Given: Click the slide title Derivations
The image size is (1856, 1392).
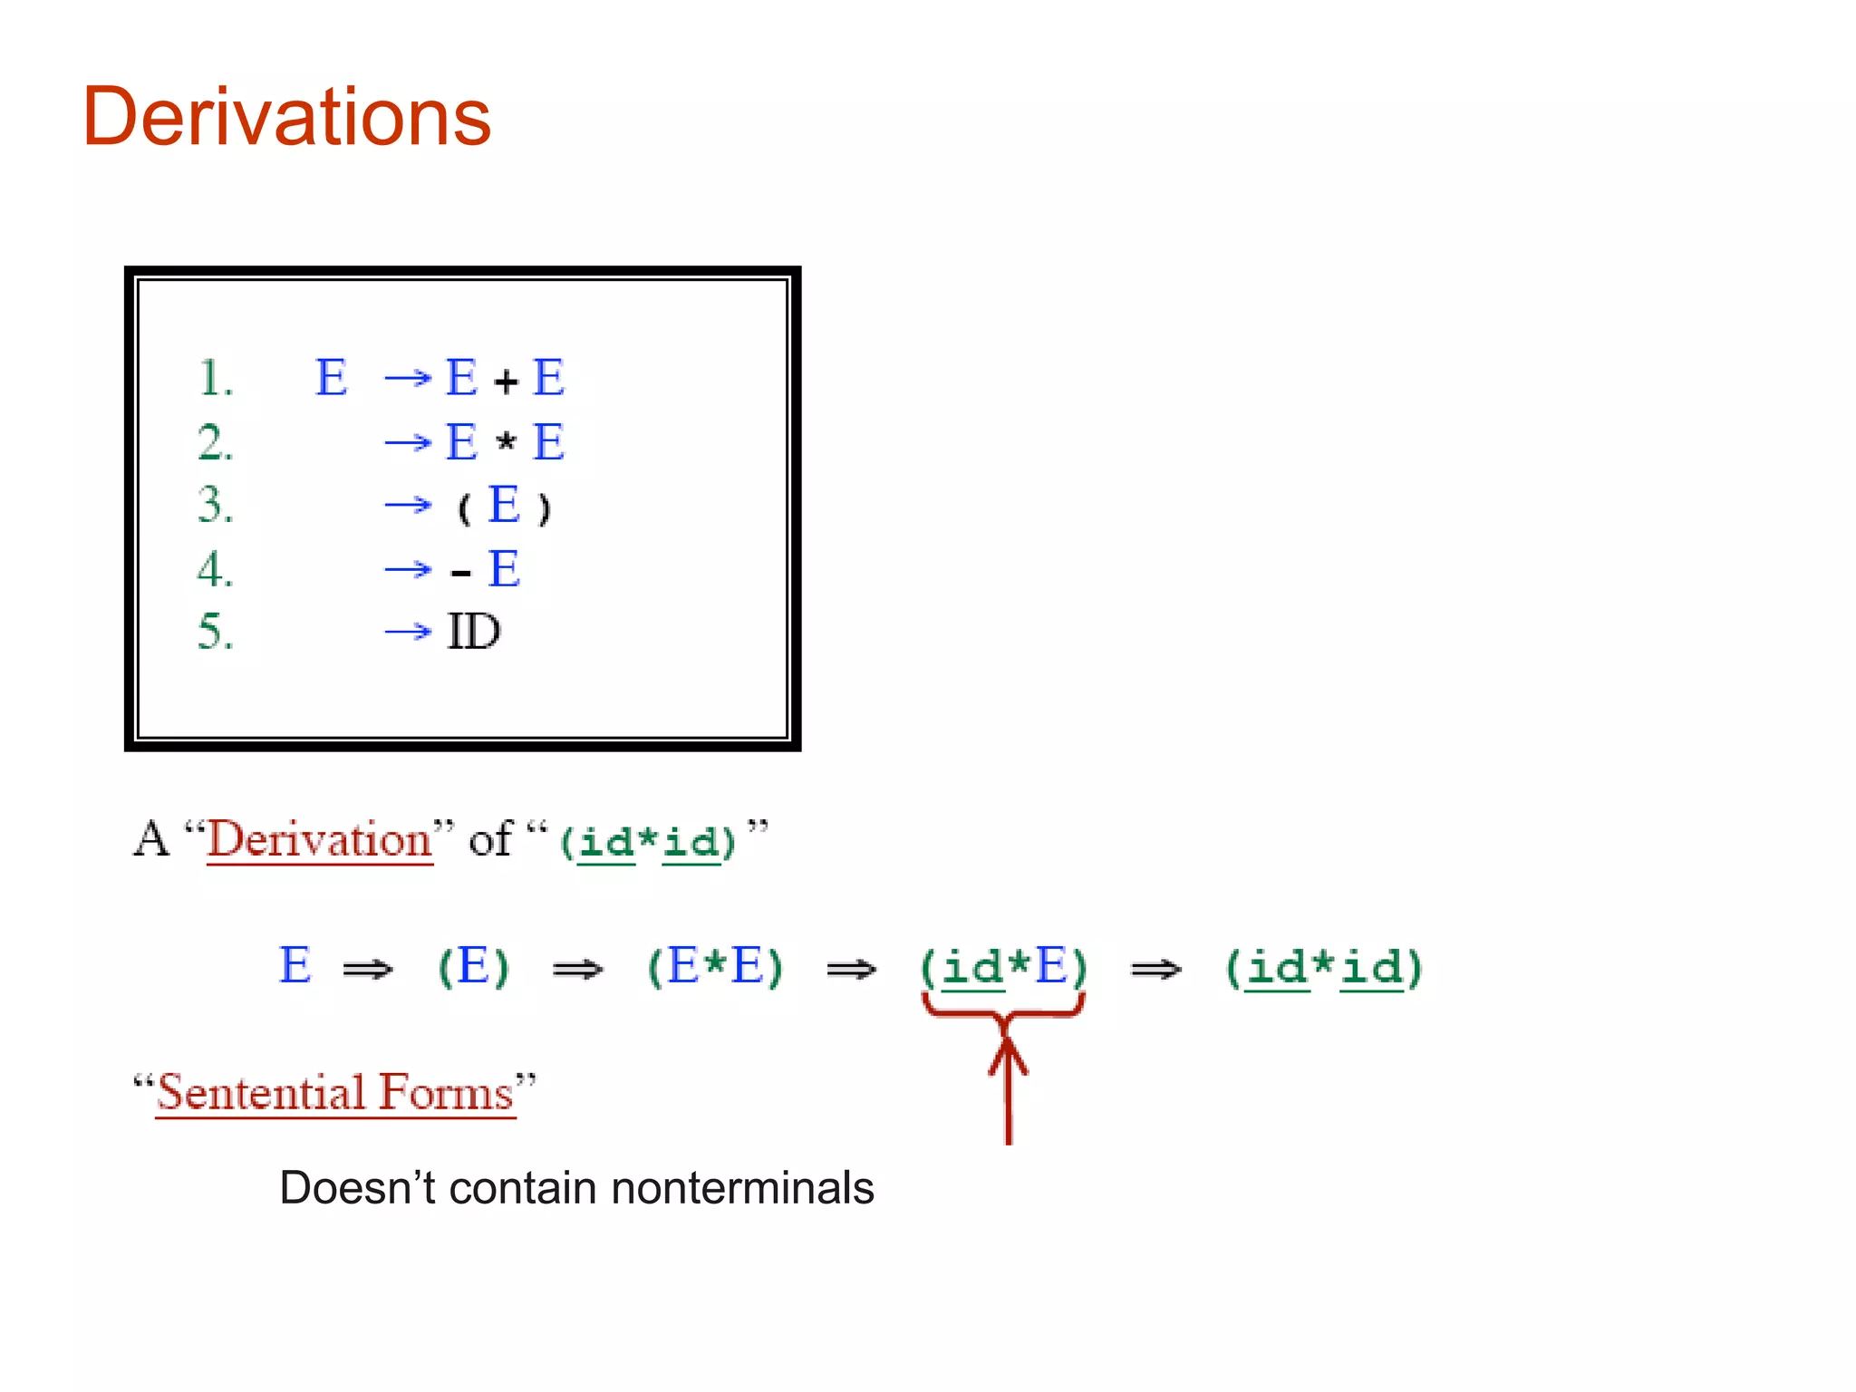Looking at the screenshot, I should (286, 118).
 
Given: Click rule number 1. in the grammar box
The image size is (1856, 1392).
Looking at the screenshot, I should (215, 378).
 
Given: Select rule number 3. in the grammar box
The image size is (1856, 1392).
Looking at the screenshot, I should (215, 505).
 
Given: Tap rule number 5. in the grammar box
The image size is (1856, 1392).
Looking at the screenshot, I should (215, 632).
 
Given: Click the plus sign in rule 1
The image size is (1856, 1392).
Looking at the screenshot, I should (506, 382).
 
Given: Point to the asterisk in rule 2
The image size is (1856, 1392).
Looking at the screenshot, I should (506, 442).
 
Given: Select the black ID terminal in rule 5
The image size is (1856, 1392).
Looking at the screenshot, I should (473, 632).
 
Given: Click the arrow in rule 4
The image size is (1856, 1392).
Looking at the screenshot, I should (408, 569).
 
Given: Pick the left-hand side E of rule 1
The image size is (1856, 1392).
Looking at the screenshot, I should (331, 378).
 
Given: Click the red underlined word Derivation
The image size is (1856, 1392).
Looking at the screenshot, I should (319, 840).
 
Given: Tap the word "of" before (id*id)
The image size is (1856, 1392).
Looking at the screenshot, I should (490, 840).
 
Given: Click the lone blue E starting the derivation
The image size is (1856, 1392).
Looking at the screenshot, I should (295, 965).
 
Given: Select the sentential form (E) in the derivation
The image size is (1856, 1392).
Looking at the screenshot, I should (473, 967).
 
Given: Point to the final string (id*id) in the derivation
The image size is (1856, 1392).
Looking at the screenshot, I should (1323, 968).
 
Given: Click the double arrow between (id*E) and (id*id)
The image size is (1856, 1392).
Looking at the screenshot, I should (1155, 970).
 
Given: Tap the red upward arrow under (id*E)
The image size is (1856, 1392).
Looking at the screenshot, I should (1008, 1087).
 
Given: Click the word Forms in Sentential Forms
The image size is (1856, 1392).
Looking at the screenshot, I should (446, 1093).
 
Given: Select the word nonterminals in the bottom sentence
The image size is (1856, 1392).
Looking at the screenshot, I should (742, 1188).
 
